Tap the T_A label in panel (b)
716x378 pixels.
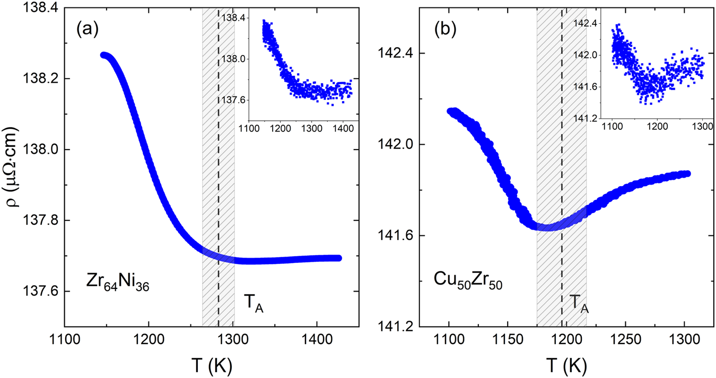[x=579, y=304]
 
